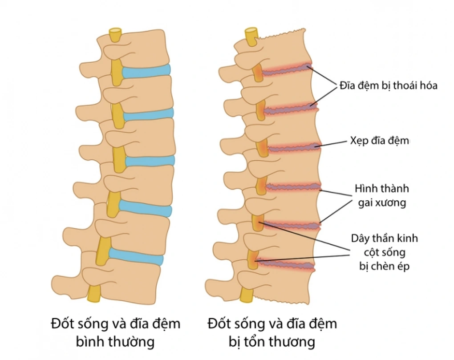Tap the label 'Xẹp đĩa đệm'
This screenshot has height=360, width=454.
(377, 141)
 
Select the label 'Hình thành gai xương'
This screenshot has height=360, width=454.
(381, 195)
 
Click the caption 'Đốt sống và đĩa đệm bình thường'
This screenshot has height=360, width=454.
(116, 332)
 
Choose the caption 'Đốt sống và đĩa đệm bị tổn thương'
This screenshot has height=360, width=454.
(272, 332)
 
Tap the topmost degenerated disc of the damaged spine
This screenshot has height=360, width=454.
(285, 70)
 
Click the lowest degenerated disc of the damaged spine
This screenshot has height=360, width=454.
(287, 265)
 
